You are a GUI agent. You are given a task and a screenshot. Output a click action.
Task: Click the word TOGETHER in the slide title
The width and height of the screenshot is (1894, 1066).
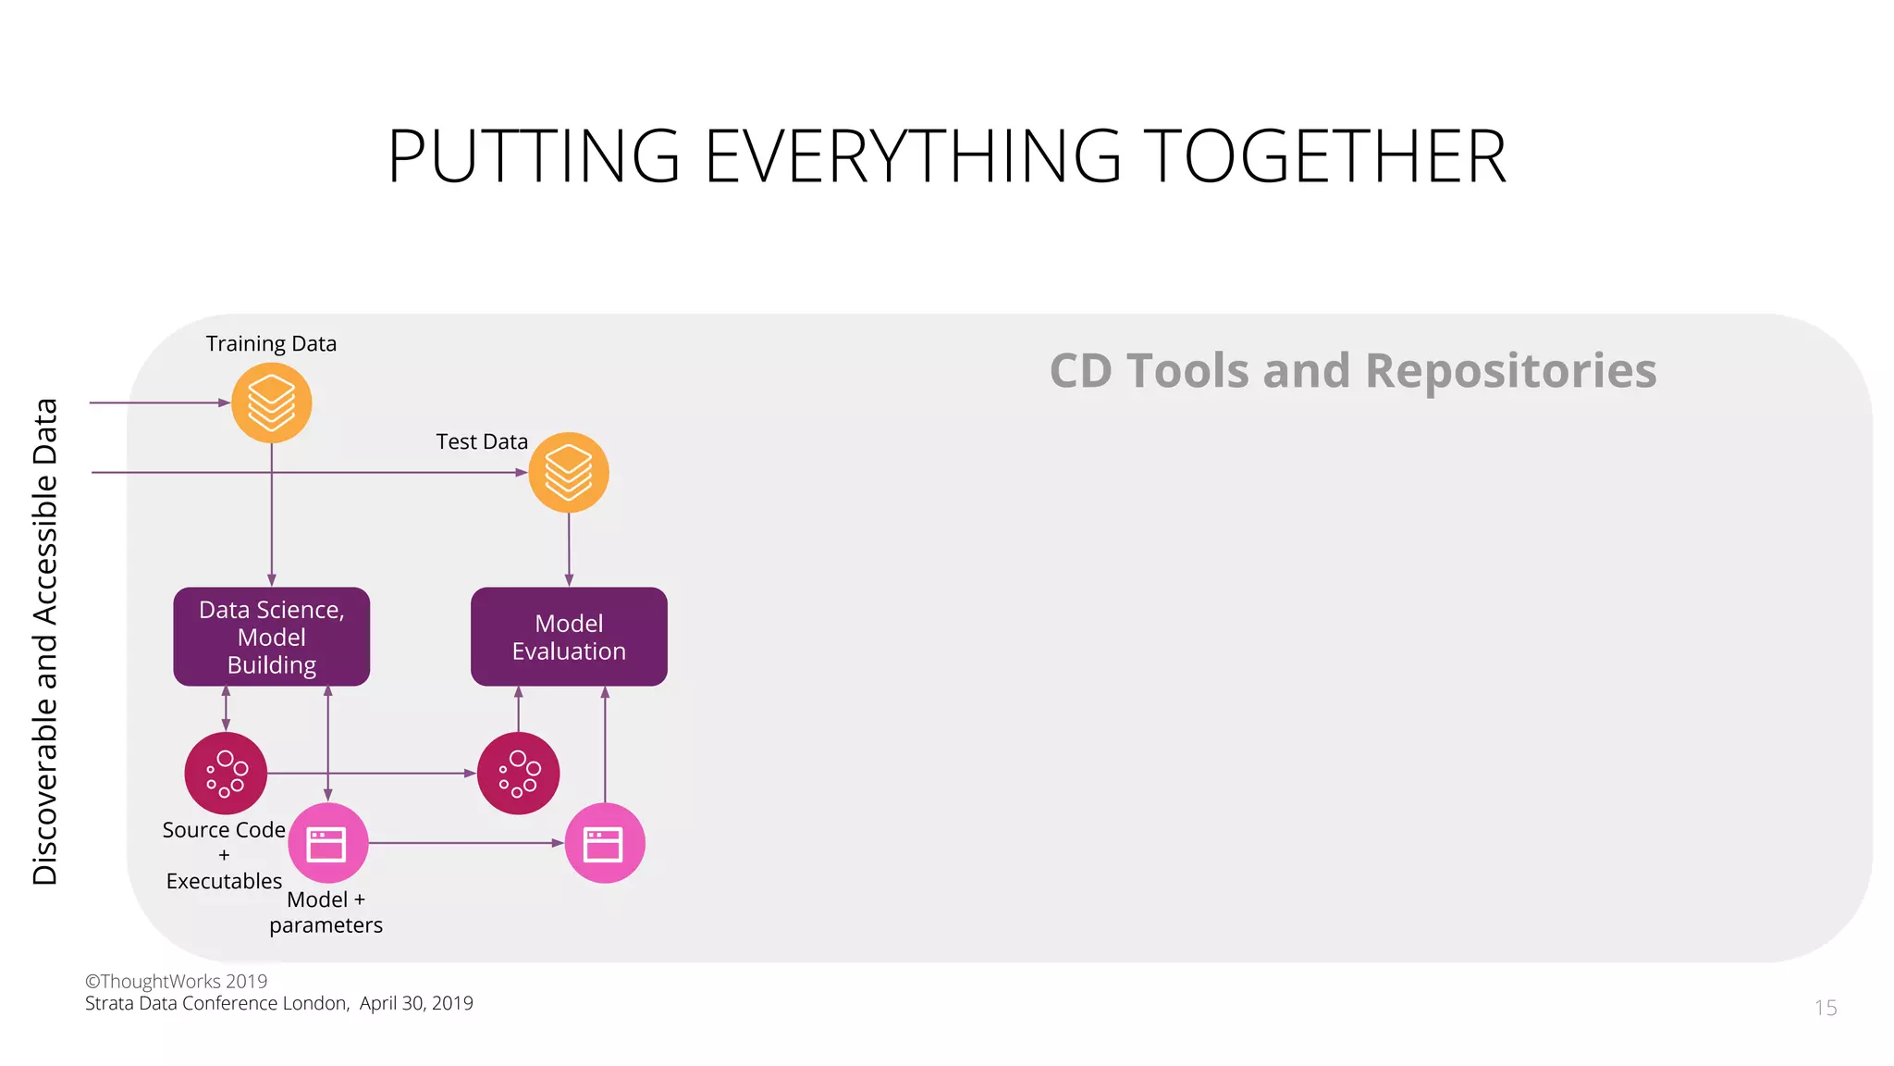pyautogui.click(x=1324, y=156)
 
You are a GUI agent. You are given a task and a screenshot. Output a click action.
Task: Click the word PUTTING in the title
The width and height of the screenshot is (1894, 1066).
pyautogui.click(x=534, y=156)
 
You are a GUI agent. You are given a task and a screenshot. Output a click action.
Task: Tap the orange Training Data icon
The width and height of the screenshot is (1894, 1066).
pyautogui.click(x=271, y=403)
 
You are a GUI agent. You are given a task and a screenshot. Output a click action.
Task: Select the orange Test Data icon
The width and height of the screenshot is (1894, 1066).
pyautogui.click(x=568, y=472)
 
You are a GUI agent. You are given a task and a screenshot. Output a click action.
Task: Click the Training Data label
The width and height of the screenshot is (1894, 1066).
pyautogui.click(x=271, y=344)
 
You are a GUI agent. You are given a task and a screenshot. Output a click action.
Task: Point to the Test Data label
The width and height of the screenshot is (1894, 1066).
pyautogui.click(x=482, y=442)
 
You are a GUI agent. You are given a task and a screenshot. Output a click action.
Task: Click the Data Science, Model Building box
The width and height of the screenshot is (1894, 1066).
pyautogui.click(x=271, y=637)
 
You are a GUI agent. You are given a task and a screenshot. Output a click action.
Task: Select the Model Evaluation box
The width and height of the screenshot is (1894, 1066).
pyautogui.click(x=569, y=637)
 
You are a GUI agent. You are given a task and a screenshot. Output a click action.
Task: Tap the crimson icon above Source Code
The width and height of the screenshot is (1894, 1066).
pyautogui.click(x=226, y=773)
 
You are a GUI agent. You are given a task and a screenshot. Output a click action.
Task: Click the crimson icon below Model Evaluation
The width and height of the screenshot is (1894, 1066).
pyautogui.click(x=518, y=773)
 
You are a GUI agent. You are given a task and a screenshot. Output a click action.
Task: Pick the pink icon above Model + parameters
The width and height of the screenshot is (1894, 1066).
pyautogui.click(x=327, y=843)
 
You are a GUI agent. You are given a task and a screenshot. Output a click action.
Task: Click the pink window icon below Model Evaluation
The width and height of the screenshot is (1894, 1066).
pyautogui.click(x=604, y=843)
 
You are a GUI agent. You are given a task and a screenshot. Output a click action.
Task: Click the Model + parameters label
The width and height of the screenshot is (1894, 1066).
pyautogui.click(x=326, y=912)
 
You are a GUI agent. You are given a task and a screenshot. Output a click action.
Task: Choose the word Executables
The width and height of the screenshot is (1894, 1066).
pyautogui.click(x=224, y=882)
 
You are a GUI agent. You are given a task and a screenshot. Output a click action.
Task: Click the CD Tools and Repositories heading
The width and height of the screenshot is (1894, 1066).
pyautogui.click(x=1352, y=371)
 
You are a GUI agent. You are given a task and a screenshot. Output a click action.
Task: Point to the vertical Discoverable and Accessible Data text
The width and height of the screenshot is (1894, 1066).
pyautogui.click(x=45, y=641)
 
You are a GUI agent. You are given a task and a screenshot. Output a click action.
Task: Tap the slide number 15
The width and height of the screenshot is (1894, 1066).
pyautogui.click(x=1825, y=1008)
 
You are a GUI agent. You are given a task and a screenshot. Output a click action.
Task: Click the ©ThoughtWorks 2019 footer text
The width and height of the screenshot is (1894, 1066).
pyautogui.click(x=176, y=982)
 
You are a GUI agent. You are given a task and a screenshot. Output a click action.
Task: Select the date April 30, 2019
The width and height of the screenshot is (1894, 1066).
pyautogui.click(x=416, y=1004)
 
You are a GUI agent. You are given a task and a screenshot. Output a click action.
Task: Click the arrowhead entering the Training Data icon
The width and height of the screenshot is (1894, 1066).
pyautogui.click(x=224, y=403)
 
